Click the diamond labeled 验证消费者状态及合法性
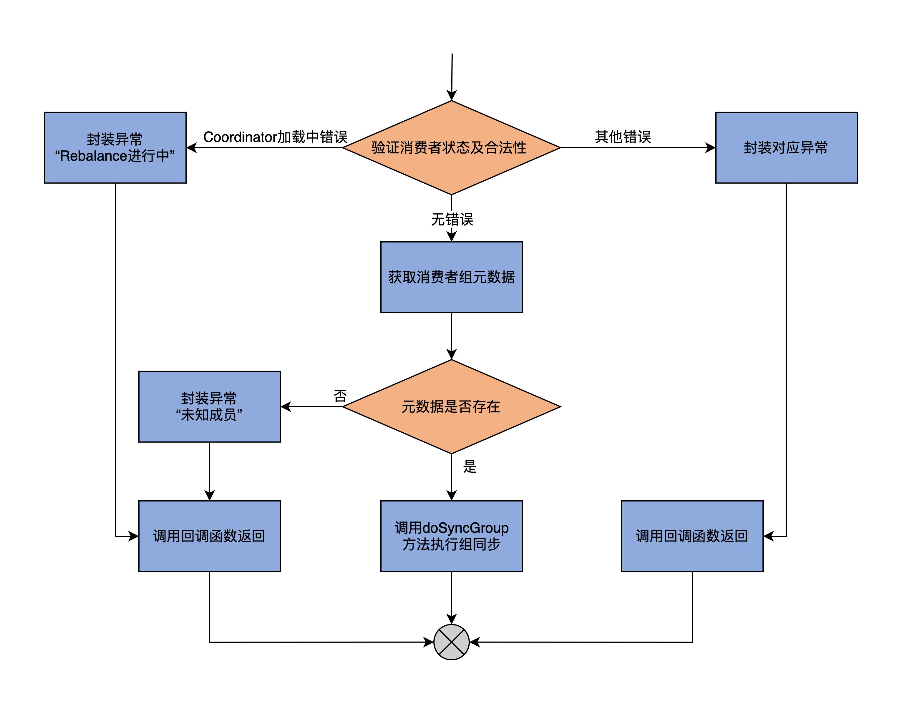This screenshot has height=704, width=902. [x=451, y=147]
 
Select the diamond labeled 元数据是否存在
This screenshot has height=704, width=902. [x=451, y=407]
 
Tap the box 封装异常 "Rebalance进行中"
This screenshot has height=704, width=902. [x=115, y=147]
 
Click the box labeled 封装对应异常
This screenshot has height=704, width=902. [x=786, y=147]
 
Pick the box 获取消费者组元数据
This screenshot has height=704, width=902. [x=451, y=277]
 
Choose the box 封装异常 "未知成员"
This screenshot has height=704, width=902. [x=209, y=407]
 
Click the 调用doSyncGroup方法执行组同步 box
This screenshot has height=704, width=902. [x=451, y=536]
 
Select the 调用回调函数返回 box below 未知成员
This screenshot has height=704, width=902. [x=209, y=536]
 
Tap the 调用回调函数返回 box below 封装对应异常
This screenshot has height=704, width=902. [x=692, y=536]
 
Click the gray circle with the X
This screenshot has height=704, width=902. [x=451, y=642]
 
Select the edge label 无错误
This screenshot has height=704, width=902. [x=452, y=219]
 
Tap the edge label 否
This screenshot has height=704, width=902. [x=340, y=396]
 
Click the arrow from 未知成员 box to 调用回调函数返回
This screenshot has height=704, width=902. [x=209, y=471]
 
